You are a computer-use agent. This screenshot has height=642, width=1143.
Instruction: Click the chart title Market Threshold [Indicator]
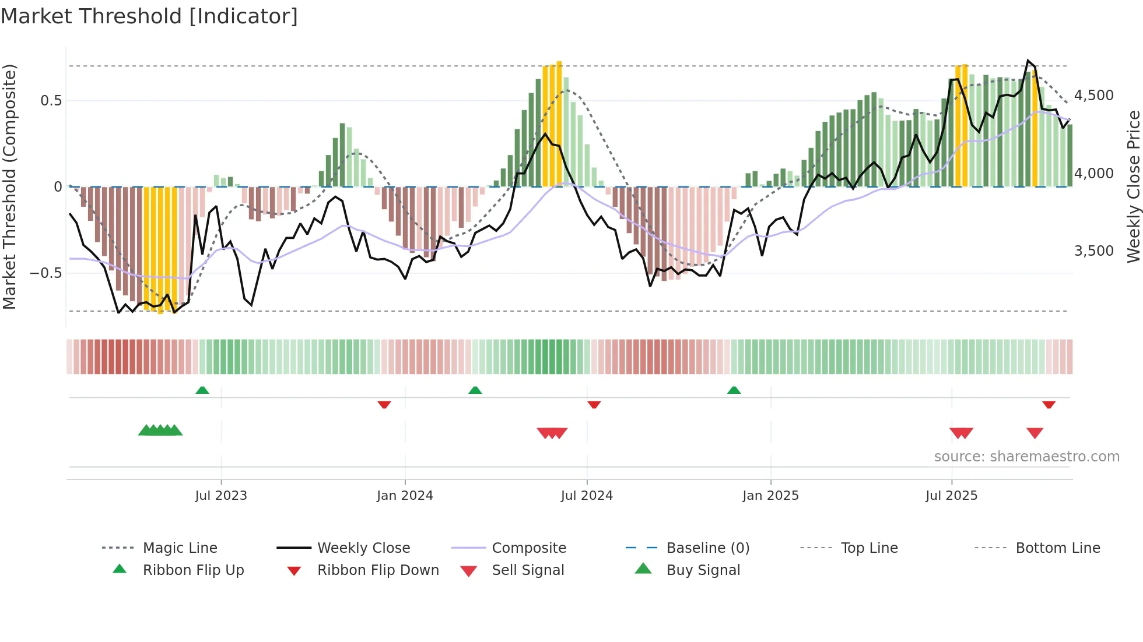149,16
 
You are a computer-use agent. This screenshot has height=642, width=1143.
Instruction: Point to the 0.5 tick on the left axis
51,101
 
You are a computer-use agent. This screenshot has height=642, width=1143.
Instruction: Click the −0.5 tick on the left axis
46,273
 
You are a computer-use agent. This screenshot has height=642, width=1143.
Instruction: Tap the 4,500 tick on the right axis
1093,96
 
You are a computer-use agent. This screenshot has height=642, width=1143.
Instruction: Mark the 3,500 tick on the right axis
1093,251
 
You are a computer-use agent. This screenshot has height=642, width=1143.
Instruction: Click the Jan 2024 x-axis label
405,496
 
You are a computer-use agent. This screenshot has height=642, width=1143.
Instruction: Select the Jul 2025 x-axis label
951,496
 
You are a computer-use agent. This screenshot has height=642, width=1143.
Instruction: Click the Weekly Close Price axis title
1133,186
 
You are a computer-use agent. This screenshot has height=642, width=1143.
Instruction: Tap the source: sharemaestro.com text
1026,457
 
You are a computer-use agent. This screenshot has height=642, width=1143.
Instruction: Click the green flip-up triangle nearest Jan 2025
734,390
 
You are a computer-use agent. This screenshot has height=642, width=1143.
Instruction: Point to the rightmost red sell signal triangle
1035,433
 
